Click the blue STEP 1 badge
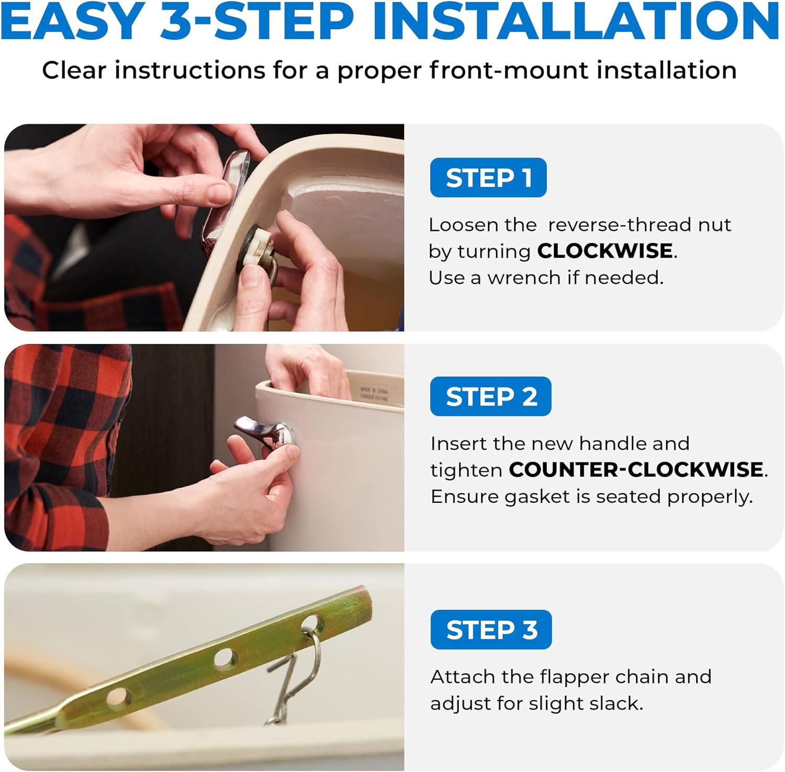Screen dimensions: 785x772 click(488, 177)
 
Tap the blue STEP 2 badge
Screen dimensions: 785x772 click(491, 396)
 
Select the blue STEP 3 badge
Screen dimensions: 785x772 click(491, 630)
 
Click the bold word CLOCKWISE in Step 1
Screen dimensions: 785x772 click(605, 251)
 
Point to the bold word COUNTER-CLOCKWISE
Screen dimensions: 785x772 click(636, 469)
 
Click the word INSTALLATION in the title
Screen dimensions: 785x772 click(576, 22)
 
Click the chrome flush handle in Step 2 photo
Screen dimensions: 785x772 click(267, 432)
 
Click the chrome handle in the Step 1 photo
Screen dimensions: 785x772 click(222, 202)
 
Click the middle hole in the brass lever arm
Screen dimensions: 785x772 click(225, 657)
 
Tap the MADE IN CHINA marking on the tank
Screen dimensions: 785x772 click(374, 394)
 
